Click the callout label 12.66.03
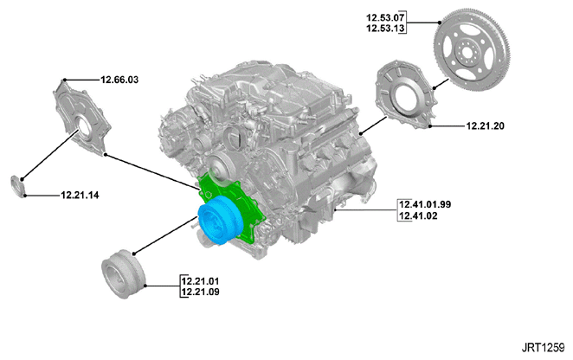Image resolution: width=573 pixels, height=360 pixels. (x=119, y=80)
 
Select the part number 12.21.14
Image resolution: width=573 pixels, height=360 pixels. (x=80, y=196)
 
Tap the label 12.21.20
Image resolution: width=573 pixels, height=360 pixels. (x=485, y=126)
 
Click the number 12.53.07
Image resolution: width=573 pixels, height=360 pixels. (x=385, y=17)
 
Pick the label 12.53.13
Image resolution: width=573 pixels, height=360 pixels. (x=385, y=29)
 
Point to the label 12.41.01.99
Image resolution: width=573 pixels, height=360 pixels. (x=425, y=204)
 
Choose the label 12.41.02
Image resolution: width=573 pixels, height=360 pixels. (x=418, y=215)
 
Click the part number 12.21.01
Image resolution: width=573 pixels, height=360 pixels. (x=200, y=281)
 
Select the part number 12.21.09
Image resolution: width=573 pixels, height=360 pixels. (x=200, y=292)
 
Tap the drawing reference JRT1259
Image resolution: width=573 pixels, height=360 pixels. (x=543, y=347)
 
